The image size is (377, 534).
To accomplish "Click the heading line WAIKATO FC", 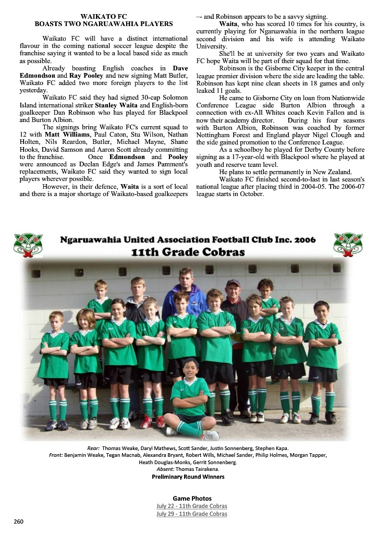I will click(x=103, y=17).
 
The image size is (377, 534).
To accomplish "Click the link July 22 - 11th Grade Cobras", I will click(x=192, y=506).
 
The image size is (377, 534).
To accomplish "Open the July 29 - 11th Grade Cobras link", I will click(x=192, y=514).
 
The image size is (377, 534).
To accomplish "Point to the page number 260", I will click(x=19, y=521).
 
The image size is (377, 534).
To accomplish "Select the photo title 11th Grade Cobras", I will click(x=188, y=252).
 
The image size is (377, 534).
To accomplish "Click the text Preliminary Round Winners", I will click(x=188, y=477).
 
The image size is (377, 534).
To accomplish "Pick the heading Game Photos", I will click(x=188, y=498).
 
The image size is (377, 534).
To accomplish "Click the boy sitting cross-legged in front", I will click(x=190, y=396).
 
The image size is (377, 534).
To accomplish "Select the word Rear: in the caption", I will click(x=94, y=448).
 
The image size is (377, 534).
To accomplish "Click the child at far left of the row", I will click(x=54, y=365).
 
